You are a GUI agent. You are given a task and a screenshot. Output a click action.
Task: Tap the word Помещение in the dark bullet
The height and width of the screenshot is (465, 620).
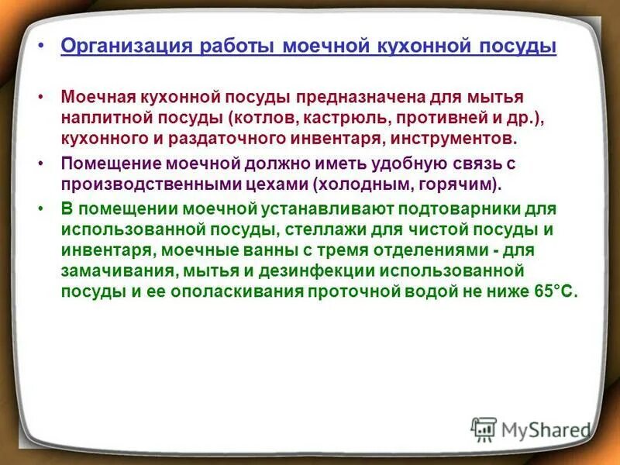[108, 165]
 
